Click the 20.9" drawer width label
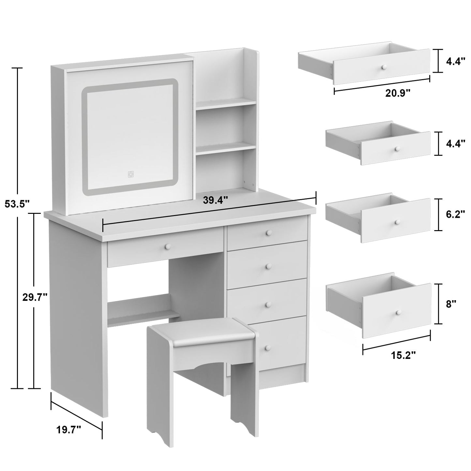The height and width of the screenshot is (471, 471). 397,93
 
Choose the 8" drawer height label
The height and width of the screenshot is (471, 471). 451,304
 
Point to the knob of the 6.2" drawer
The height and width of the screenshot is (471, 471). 397,222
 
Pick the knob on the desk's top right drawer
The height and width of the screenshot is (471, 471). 269,232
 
